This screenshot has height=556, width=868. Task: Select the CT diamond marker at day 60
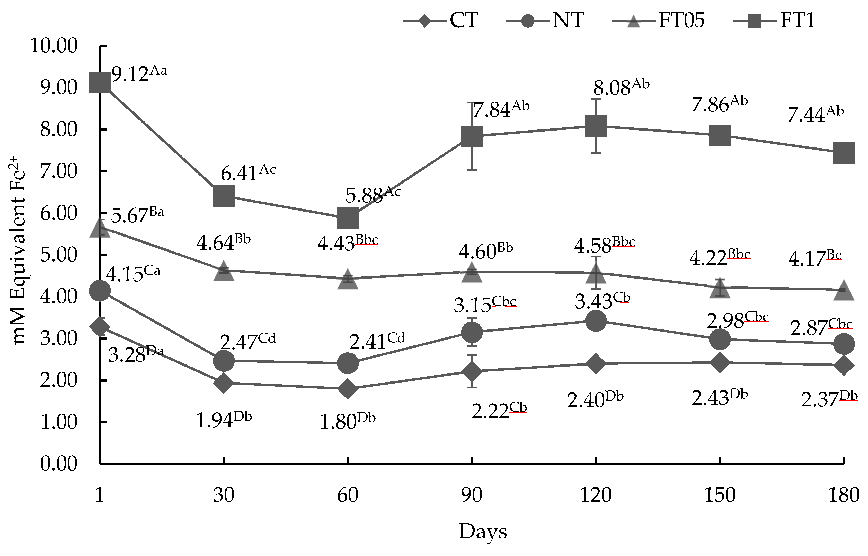(x=348, y=388)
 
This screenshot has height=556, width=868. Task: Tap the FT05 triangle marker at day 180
(x=844, y=291)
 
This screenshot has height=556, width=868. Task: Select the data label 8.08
(x=612, y=88)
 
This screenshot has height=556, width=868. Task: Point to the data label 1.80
(x=338, y=422)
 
